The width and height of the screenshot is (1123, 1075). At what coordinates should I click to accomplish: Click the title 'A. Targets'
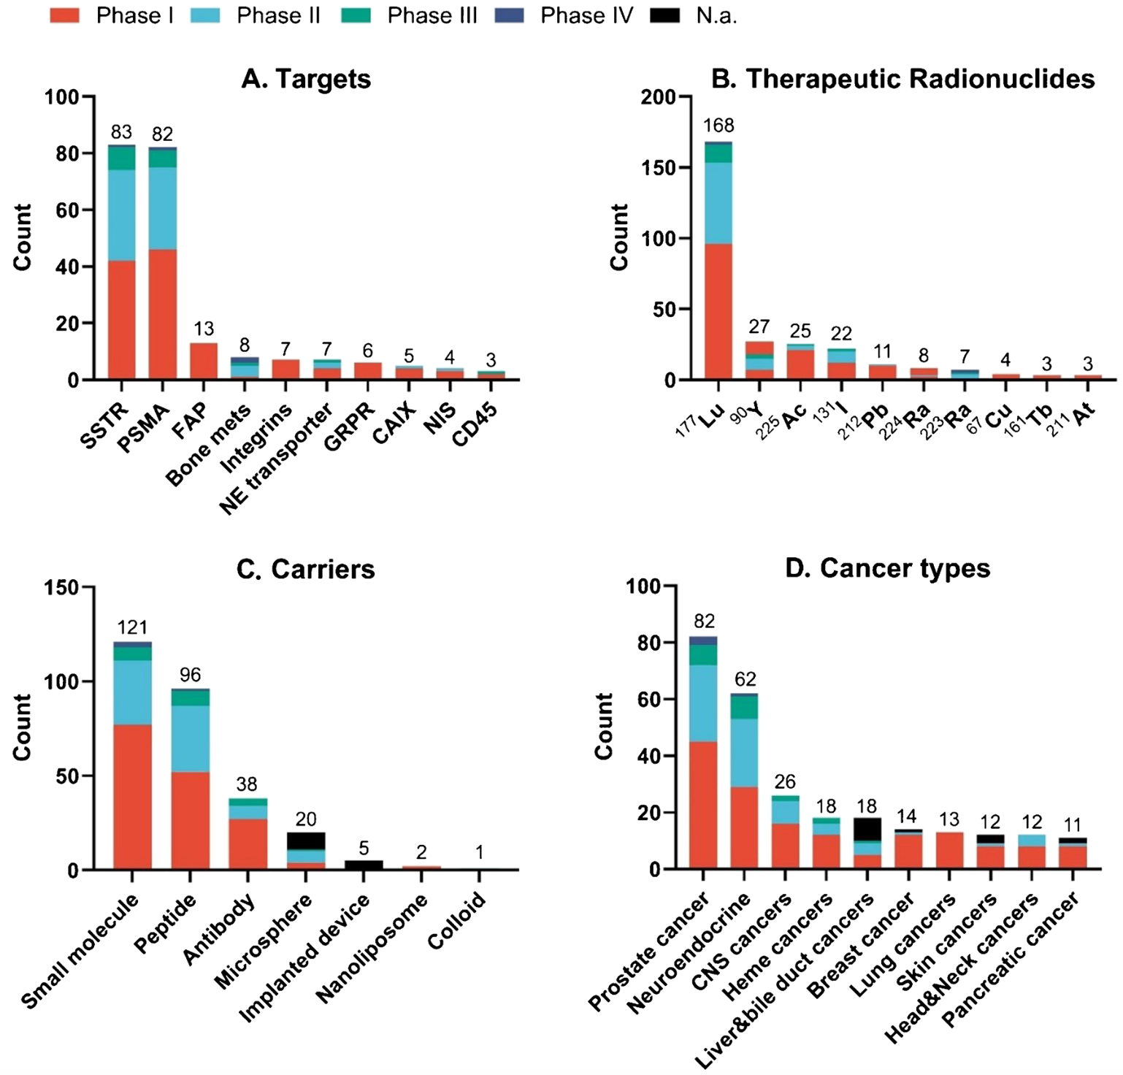coord(306,79)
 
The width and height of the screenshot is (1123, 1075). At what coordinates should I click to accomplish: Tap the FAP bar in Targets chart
coord(204,361)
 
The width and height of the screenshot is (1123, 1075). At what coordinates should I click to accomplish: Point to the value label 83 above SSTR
coord(121,132)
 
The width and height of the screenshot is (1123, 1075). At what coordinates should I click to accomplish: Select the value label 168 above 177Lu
coord(718,126)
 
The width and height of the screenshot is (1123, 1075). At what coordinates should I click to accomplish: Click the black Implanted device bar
coord(364,865)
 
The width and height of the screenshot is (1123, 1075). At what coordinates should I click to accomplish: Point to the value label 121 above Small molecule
coord(132,627)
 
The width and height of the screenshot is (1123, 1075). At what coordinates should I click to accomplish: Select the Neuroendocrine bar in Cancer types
coord(744,781)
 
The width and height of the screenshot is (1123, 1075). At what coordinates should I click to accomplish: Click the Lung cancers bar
coord(949,850)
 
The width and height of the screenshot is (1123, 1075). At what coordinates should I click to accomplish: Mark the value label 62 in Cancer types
coord(745,679)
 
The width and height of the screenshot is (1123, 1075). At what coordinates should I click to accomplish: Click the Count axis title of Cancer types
coord(605,726)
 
